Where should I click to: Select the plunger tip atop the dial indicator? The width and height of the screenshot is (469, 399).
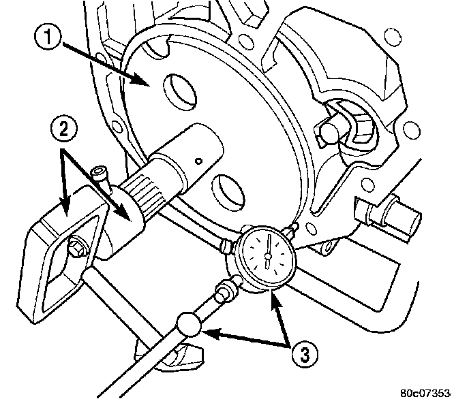[294, 227]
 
